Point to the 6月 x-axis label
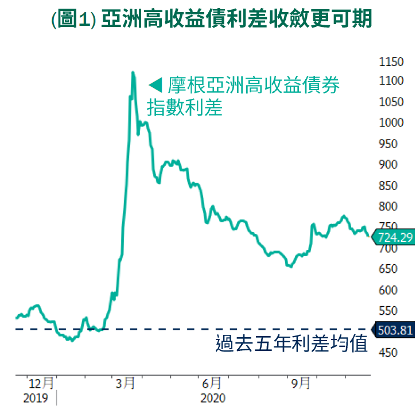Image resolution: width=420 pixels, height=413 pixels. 212,383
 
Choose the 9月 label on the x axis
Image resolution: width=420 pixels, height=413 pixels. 300,383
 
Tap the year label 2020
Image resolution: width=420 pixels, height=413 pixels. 213,398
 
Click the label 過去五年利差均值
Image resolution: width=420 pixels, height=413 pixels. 291,345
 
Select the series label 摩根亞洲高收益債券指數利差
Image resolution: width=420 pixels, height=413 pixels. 243,97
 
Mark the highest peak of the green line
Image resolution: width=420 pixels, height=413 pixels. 133,72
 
